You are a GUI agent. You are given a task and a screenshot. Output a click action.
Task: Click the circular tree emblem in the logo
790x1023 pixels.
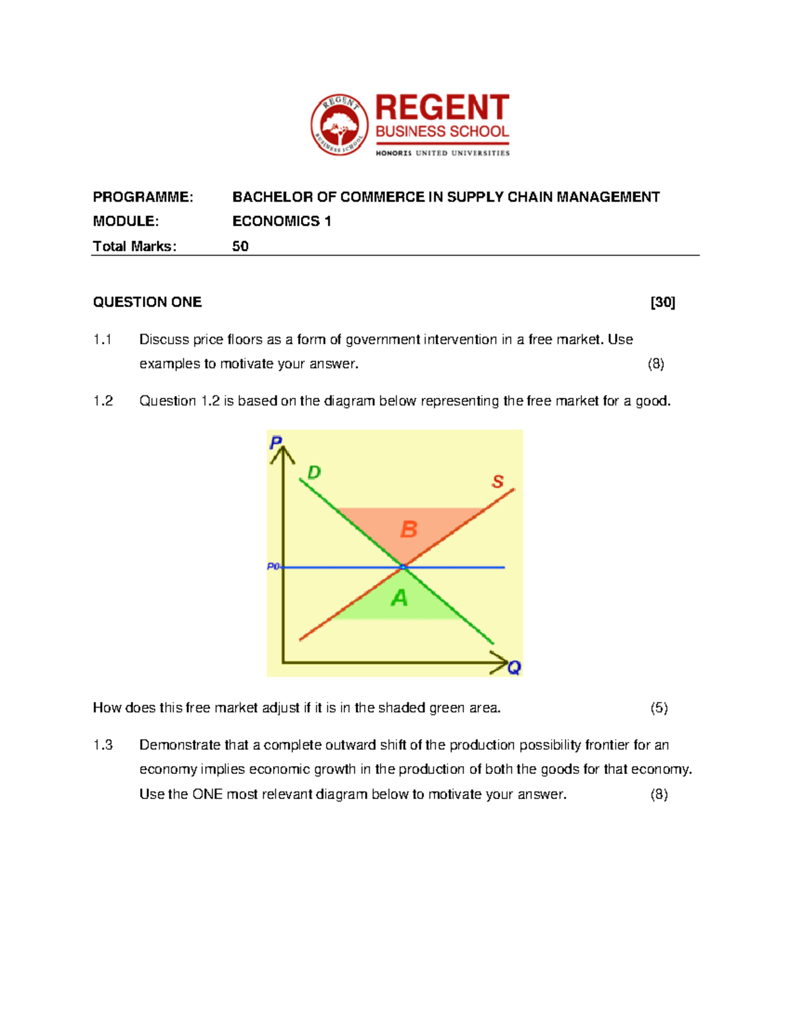click(340, 124)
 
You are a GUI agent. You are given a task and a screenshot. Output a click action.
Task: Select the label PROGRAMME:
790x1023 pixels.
click(143, 197)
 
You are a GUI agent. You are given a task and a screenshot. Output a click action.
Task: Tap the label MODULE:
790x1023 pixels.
click(126, 221)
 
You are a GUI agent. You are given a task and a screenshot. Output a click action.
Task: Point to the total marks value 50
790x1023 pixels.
click(240, 246)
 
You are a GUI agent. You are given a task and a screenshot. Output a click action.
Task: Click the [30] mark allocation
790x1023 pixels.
click(662, 302)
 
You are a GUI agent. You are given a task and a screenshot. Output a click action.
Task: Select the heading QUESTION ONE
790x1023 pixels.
click(147, 302)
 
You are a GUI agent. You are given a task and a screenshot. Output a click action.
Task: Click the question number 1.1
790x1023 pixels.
click(103, 340)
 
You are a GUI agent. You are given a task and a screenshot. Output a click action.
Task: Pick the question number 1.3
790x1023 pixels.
click(103, 745)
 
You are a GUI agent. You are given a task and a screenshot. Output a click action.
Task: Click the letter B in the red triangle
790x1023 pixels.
click(409, 529)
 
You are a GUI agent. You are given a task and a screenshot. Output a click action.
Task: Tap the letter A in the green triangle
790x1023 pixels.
click(400, 598)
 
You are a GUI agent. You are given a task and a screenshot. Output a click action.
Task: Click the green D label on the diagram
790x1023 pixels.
click(314, 472)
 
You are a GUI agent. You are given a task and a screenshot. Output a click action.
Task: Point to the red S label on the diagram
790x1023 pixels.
click(498, 482)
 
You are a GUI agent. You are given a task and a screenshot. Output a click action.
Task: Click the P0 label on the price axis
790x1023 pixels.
click(273, 567)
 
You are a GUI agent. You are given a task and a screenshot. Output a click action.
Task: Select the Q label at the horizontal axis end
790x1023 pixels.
click(514, 668)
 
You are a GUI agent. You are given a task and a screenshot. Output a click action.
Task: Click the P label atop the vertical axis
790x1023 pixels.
click(276, 443)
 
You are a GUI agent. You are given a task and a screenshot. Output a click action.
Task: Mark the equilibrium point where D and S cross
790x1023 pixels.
click(403, 567)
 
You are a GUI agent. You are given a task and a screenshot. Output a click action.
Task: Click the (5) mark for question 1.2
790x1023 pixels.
click(659, 708)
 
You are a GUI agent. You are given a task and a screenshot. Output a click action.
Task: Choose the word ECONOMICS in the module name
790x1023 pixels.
click(276, 221)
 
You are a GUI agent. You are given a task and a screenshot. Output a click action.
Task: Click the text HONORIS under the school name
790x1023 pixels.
click(394, 153)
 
